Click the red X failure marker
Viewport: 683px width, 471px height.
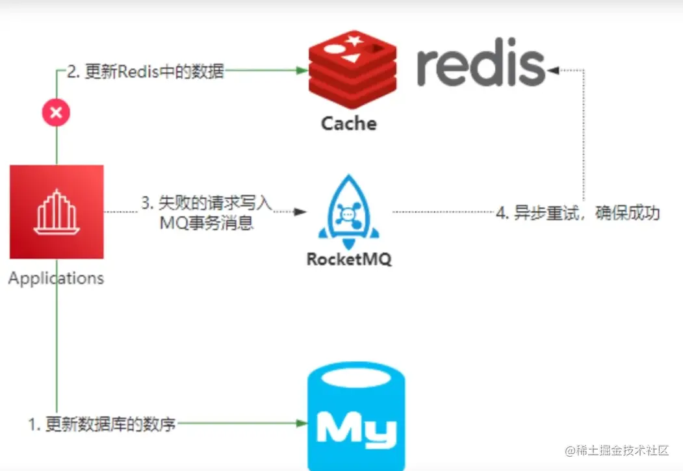57,113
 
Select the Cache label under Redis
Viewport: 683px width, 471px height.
349,123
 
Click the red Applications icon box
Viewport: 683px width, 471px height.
57,212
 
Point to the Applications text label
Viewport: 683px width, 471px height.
57,279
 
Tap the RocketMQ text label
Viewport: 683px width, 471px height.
349,259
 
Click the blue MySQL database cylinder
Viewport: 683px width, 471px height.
355,416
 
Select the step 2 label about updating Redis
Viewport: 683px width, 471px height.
146,71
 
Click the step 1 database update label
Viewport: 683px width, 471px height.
102,425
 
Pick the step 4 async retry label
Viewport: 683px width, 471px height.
578,212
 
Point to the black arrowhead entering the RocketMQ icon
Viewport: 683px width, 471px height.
300,212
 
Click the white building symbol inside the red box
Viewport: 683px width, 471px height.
57,211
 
